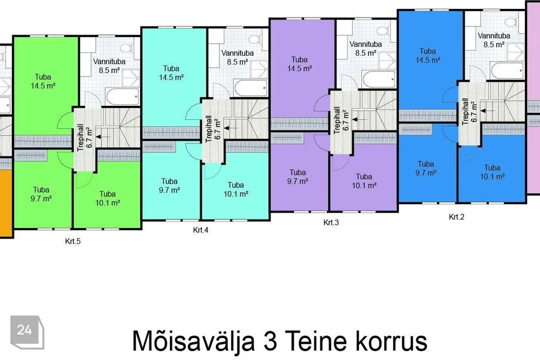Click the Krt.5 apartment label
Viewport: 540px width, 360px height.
(73, 241)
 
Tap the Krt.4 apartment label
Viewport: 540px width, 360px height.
(200, 230)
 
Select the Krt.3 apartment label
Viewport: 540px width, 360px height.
(331, 223)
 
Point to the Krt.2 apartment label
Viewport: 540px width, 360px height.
(456, 217)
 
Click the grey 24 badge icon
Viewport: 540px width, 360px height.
(27, 332)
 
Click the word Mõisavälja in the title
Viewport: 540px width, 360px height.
(194, 340)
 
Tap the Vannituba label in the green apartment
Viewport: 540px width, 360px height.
(109, 62)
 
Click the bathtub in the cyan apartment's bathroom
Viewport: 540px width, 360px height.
(250, 88)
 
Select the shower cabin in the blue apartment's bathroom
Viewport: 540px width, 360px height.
(516, 52)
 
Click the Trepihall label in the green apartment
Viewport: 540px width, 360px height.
(80, 138)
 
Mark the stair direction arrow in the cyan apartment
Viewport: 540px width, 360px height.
(231, 128)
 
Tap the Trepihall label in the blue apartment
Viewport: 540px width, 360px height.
(465, 111)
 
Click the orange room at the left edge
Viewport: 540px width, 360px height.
(6, 202)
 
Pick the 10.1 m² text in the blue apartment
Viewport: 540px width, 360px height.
(493, 177)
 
